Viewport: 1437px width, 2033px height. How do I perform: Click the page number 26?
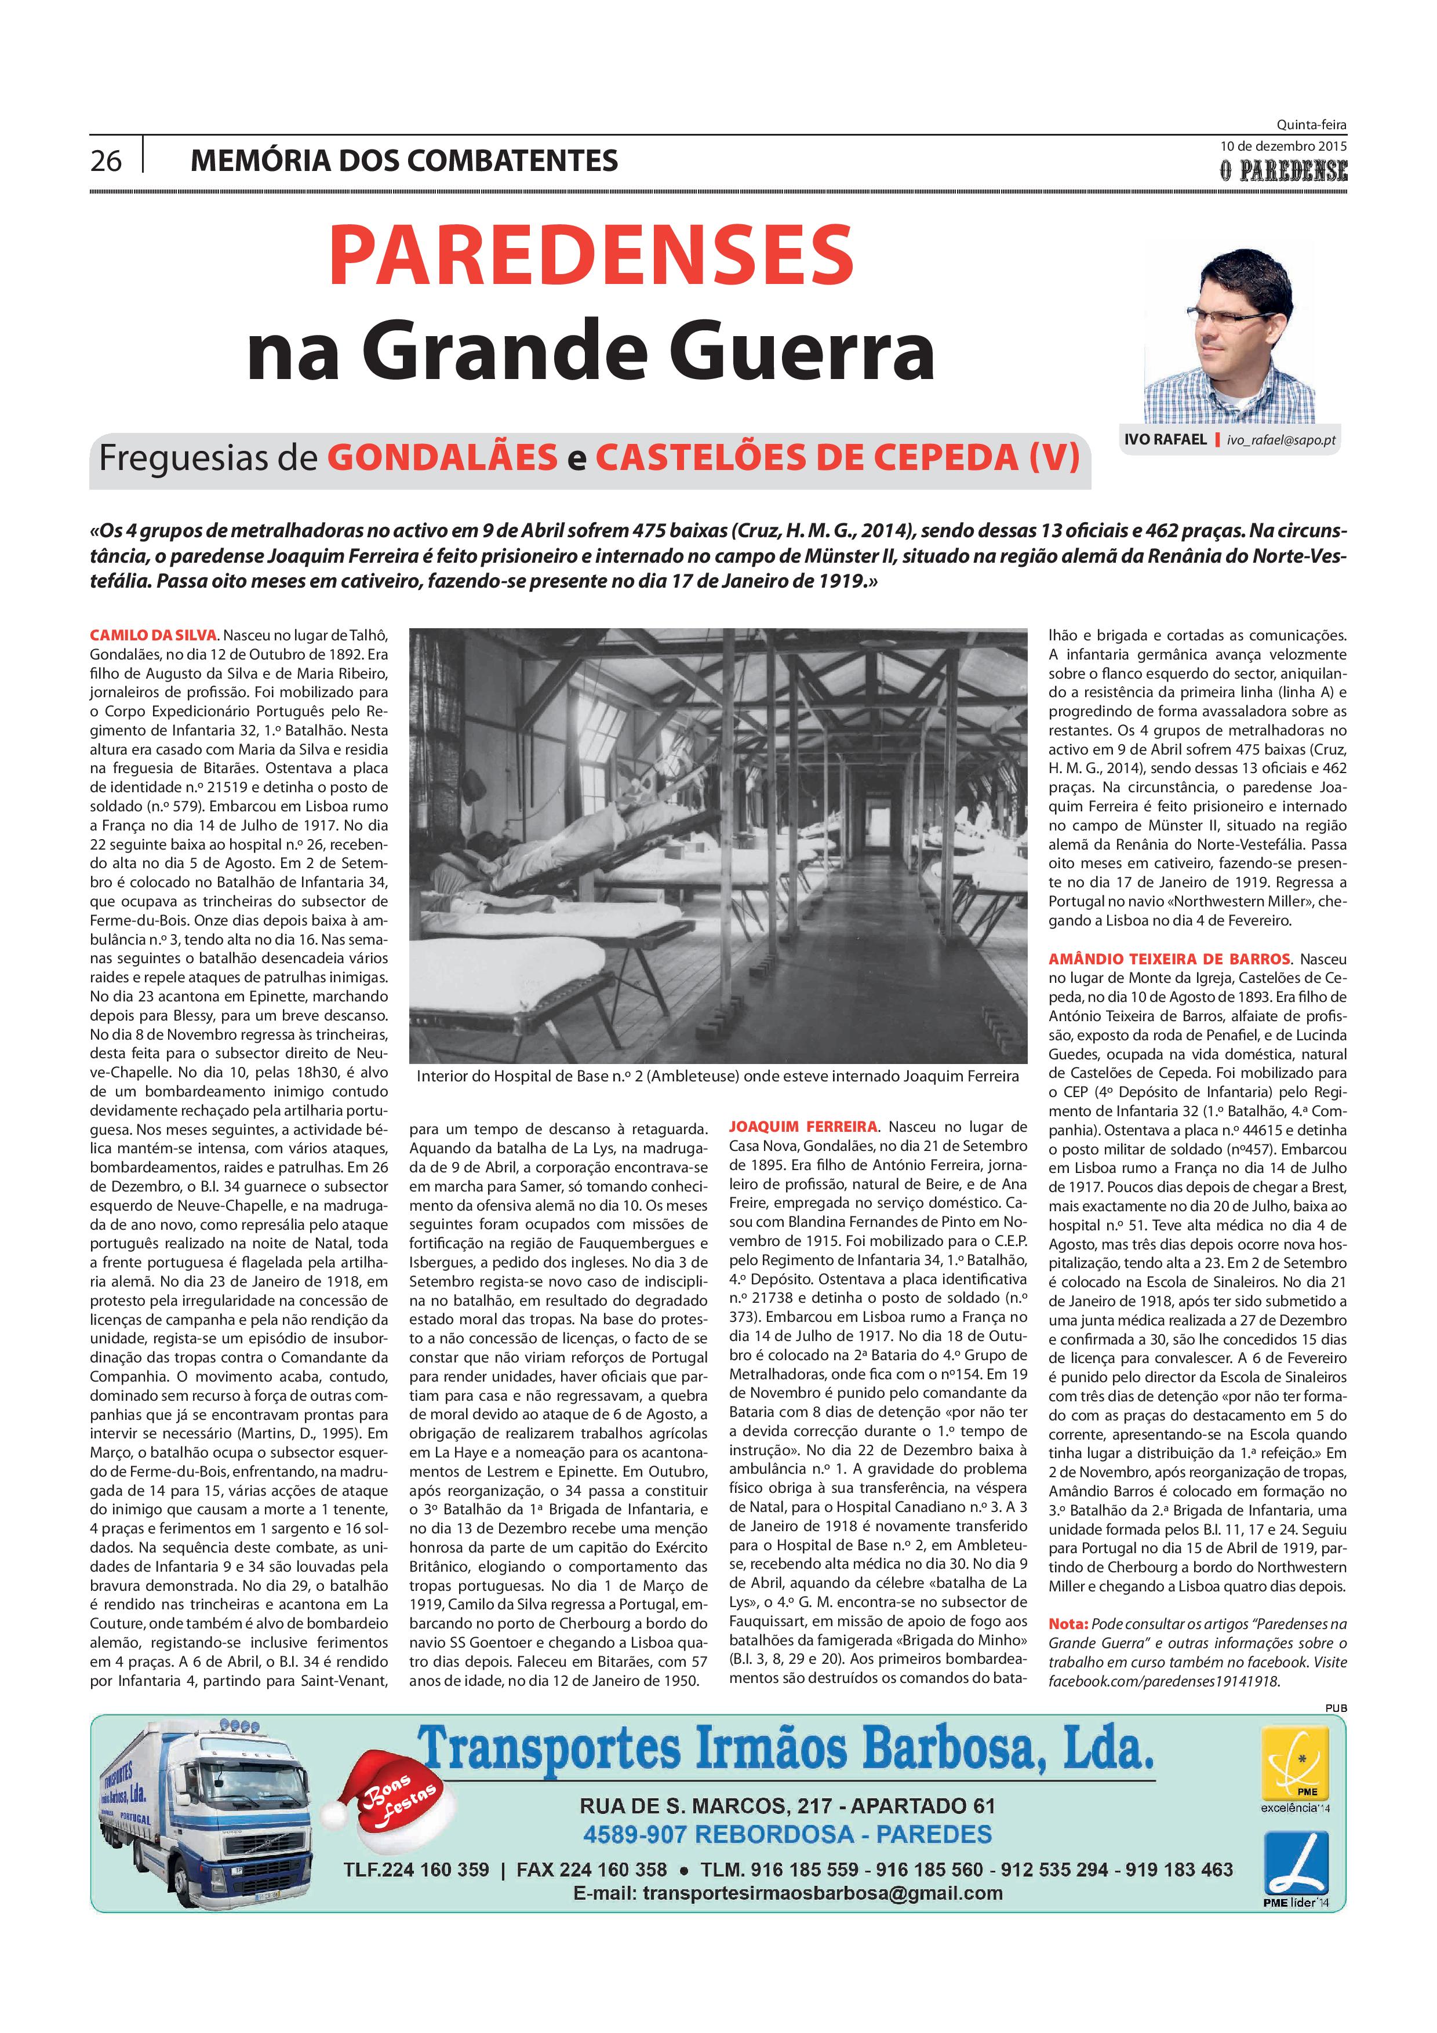105,161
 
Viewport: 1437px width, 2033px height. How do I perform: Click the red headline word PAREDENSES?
591,255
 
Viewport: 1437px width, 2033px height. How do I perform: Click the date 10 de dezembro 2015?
1283,145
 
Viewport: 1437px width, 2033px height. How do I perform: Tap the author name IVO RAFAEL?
1165,439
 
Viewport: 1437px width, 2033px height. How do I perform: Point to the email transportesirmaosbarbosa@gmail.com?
788,1893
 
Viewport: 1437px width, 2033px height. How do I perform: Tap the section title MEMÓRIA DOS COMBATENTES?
404,161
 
